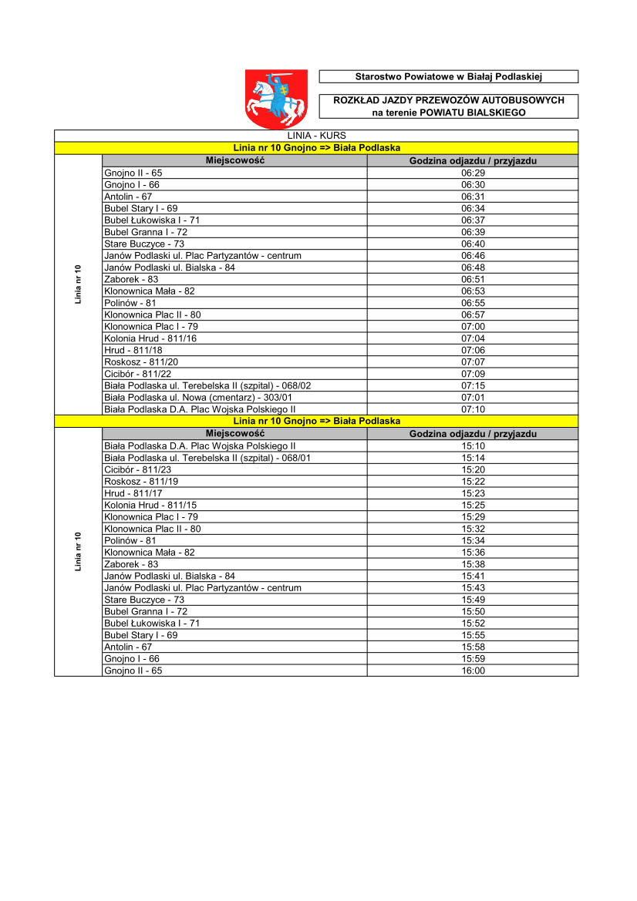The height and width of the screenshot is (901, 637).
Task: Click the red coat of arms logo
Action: click(276, 98)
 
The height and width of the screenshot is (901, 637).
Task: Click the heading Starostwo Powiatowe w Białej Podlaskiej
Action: click(448, 76)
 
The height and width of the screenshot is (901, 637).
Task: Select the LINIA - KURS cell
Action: click(316, 136)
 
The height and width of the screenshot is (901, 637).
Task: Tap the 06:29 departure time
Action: click(473, 173)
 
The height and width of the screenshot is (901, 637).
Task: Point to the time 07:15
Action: click(473, 385)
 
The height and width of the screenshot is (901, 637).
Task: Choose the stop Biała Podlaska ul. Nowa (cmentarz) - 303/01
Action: click(198, 398)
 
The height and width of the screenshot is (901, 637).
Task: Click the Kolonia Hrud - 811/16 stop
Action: click(150, 338)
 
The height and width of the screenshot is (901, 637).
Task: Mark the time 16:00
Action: click(473, 671)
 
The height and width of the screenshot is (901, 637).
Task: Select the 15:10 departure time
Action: click(473, 445)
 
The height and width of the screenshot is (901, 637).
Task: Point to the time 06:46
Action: click(473, 256)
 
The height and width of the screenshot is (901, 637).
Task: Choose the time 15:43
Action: click(473, 588)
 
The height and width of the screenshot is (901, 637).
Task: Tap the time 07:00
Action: click(473, 327)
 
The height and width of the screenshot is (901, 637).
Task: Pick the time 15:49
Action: click(473, 600)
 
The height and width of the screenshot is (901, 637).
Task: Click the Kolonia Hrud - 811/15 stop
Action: click(150, 505)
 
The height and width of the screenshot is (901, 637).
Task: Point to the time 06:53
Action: click(473, 291)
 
